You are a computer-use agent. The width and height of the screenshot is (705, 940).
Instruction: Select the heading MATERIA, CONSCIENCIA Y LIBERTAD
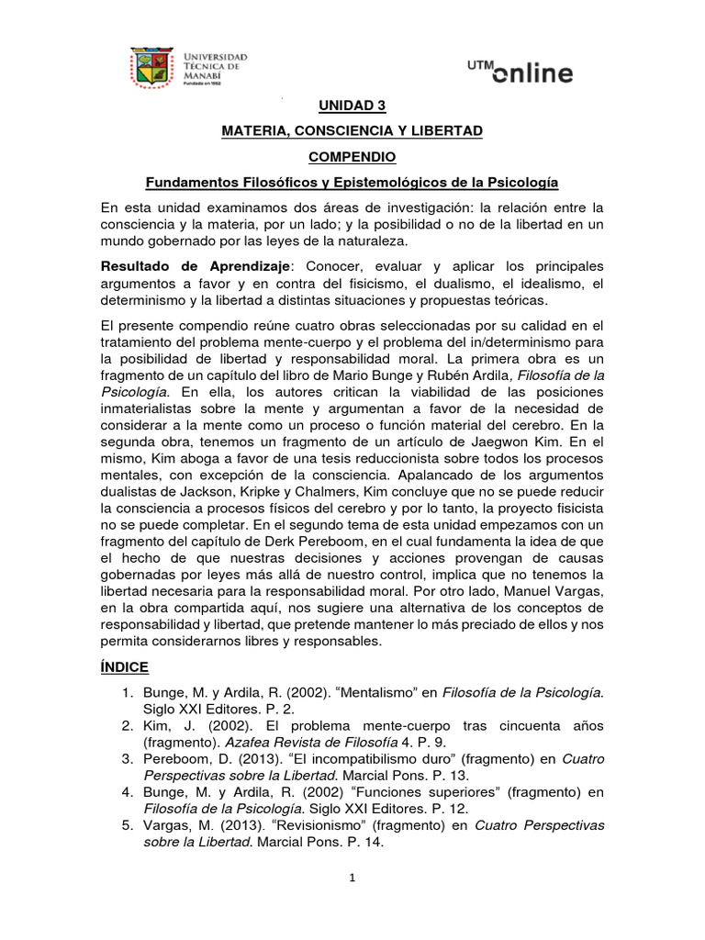[x=352, y=132]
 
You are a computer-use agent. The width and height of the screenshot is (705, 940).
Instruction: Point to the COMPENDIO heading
[x=352, y=157]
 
